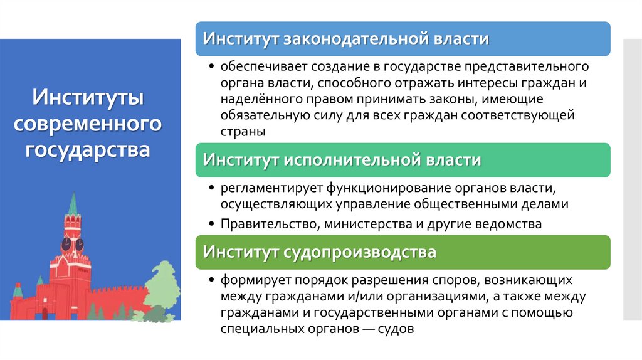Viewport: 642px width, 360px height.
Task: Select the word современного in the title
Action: pos(88,124)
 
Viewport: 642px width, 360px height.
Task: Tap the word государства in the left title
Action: pos(88,150)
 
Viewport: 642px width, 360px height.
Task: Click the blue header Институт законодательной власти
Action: pos(345,39)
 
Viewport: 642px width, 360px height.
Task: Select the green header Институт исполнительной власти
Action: pos(342,160)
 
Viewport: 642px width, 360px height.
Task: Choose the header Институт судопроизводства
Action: pos(319,252)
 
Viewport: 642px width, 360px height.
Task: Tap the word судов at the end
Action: pos(395,329)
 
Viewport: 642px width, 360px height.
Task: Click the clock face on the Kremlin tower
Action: pos(66,243)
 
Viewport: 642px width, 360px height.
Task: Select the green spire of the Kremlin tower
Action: pos(73,204)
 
